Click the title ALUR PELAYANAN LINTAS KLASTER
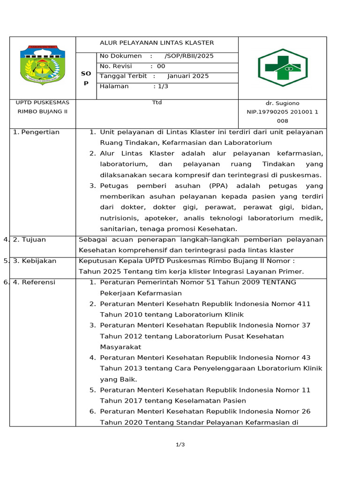click(x=157, y=43)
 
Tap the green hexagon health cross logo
click(x=282, y=68)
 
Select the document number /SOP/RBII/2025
click(x=189, y=56)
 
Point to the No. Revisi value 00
click(x=161, y=66)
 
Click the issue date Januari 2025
click(x=187, y=76)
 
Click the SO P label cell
click(x=86, y=78)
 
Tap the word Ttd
click(x=157, y=102)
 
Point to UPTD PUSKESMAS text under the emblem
click(x=42, y=103)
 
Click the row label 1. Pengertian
click(x=37, y=132)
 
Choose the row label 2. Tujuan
click(x=30, y=240)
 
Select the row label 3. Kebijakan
click(x=35, y=261)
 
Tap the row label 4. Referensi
click(x=34, y=282)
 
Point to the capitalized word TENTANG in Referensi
click(x=278, y=282)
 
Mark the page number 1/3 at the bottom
click(x=180, y=444)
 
